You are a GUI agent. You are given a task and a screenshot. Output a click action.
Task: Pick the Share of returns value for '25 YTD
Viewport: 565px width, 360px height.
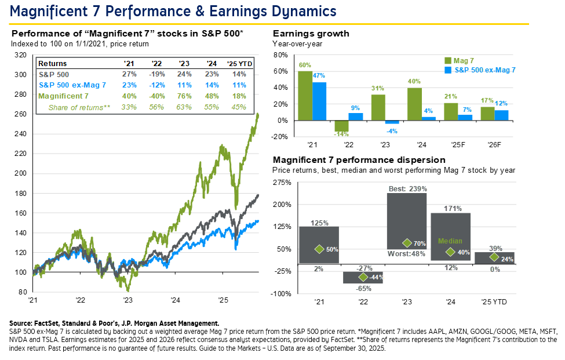pos(238,107)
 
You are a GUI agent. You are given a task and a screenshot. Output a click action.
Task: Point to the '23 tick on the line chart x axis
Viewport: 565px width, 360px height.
pos(128,300)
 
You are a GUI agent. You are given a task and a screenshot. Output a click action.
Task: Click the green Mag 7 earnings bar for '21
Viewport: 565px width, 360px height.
pos(305,96)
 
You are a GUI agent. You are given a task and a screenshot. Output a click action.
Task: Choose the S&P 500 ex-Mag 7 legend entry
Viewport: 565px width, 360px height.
pos(481,70)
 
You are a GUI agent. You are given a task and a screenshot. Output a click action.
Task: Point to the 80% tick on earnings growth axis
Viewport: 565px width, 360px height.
pos(280,55)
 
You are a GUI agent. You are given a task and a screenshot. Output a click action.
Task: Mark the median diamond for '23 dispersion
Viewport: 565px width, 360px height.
pos(407,243)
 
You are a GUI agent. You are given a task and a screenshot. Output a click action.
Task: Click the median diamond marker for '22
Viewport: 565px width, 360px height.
pos(363,277)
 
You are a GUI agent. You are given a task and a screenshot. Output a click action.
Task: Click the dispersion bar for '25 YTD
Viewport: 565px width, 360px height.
pos(494,257)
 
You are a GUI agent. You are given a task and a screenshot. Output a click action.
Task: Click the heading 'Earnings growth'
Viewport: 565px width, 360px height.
pos(311,34)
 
